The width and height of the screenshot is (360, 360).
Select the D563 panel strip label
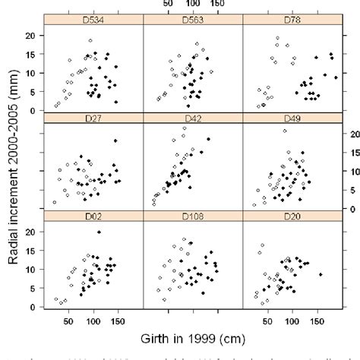[192, 19]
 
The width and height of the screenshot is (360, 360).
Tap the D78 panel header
[291, 19]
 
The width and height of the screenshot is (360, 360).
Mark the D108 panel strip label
[192, 216]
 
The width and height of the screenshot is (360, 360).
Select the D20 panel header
[291, 216]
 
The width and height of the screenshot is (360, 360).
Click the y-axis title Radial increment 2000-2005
[15, 166]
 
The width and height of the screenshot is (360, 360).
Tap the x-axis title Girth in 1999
[192, 336]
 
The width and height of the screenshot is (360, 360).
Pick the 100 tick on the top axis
[191, 5]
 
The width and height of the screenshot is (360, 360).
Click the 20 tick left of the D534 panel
[31, 36]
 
